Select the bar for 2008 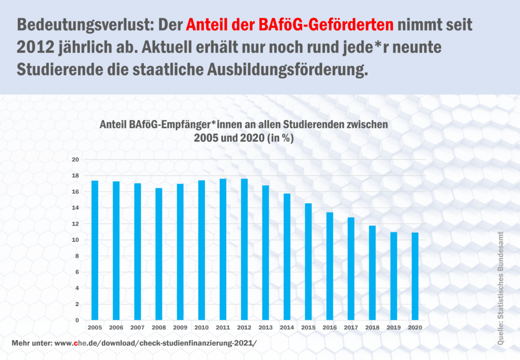pos(159,253)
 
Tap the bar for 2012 pos(244,249)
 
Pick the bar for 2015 pos(308,261)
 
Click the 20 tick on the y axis pos(76,159)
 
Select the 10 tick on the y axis pos(76,240)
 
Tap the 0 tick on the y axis pos(77,320)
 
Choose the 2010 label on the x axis pos(202,329)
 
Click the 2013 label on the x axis pos(266,329)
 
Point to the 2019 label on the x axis pos(394,329)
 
